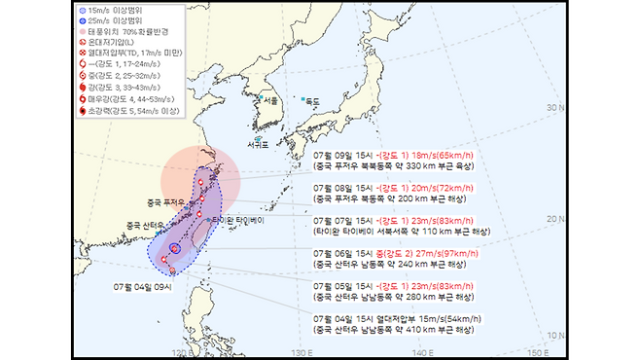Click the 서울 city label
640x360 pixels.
(270, 101)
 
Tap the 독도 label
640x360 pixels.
(312, 101)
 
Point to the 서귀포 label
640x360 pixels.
(258, 145)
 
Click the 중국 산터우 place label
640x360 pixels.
(146, 226)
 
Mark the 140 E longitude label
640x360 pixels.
(417, 351)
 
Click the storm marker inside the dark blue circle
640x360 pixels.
(175, 248)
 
